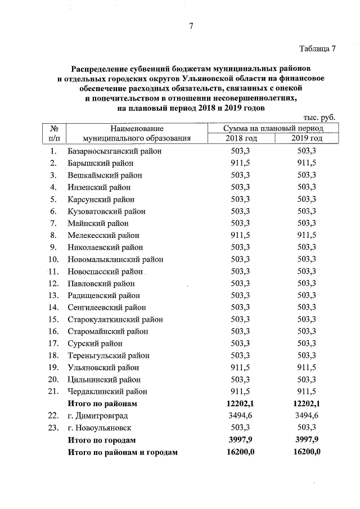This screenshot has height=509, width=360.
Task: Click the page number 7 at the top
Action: point(191,26)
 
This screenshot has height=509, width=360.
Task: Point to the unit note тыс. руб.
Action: point(318,117)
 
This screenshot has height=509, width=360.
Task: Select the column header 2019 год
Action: point(307,138)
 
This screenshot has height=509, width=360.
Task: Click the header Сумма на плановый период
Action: point(273,128)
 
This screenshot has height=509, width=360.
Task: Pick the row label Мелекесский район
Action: point(103,235)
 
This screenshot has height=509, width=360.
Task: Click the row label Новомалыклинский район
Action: point(115,259)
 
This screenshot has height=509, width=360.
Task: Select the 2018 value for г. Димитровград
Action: point(240,415)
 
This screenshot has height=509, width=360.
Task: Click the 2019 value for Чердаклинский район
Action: point(307,391)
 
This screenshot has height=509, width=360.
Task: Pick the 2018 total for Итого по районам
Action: point(240,403)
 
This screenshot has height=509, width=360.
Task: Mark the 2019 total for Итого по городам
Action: point(307,439)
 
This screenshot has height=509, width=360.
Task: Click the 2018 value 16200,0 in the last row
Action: point(240,451)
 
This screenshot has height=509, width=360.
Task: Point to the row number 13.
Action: point(54,295)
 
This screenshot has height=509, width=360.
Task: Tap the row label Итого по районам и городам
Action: point(122,451)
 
